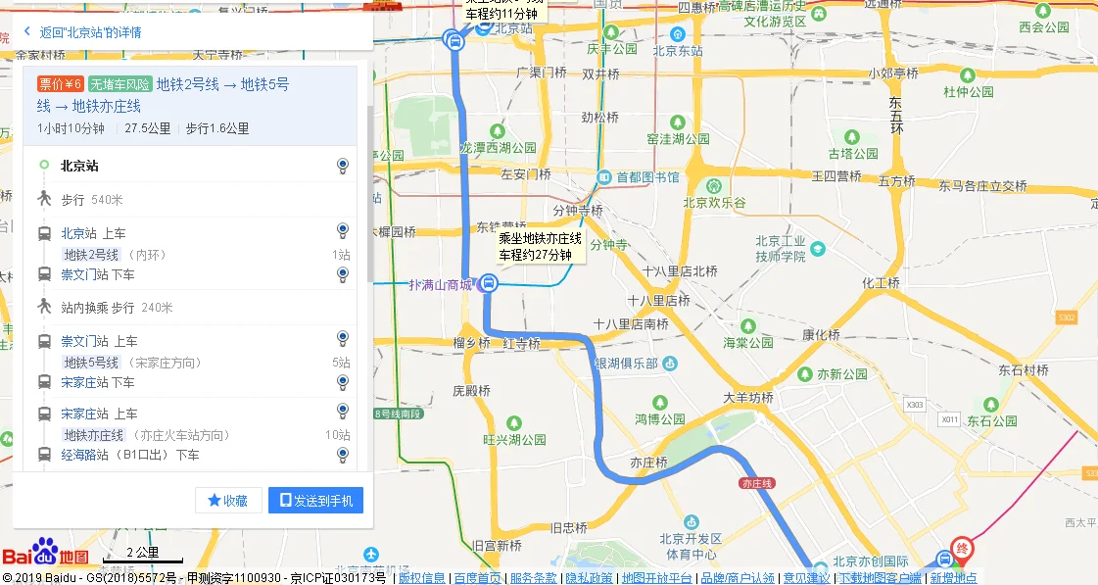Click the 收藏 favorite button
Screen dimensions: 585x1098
coord(228,500)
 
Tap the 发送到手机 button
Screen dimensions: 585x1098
coord(315,500)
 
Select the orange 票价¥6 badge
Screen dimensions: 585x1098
coord(61,84)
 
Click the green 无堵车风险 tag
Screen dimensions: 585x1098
coord(119,84)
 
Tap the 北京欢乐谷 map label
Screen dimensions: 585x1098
coord(714,203)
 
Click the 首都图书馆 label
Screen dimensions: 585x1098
coord(647,177)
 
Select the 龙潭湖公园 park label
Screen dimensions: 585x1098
coord(499,148)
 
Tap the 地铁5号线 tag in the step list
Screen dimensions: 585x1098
coord(91,363)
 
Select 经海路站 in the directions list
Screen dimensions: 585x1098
coord(84,455)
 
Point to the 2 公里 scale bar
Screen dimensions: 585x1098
coord(143,555)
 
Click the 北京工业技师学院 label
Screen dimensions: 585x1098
coord(780,248)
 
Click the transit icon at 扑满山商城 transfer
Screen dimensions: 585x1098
coord(488,284)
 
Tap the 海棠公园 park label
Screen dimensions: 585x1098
coord(749,343)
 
